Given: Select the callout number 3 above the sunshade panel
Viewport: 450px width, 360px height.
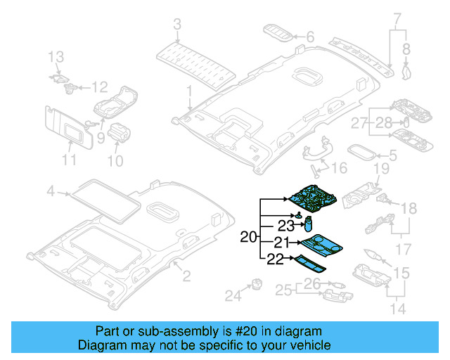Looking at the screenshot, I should (176, 25).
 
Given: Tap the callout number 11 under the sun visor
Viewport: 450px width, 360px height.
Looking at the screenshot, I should (68, 160).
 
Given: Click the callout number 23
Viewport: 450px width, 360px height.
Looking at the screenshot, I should (284, 226).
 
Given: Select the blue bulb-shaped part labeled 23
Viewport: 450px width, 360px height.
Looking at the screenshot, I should (307, 224).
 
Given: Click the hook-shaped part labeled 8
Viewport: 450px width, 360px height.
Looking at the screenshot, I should (406, 68).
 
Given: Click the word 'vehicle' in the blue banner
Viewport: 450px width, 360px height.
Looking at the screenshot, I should (304, 345).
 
